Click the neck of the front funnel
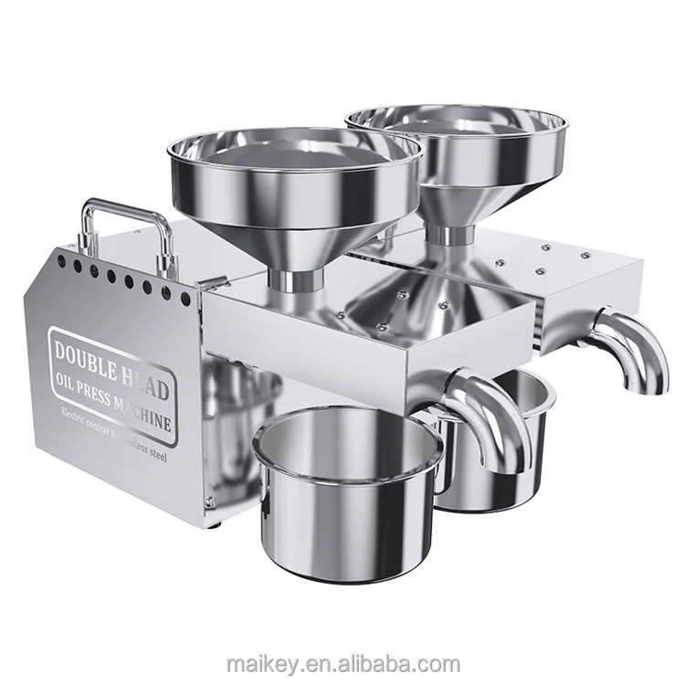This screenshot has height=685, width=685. tap(294, 279)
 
